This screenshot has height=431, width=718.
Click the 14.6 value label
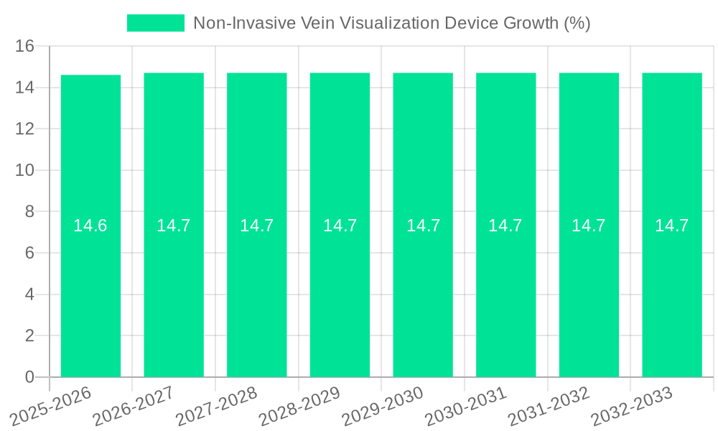[x=90, y=226]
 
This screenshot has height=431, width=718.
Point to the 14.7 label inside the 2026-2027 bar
[x=174, y=226]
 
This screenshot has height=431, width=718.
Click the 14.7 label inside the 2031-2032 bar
[x=589, y=226]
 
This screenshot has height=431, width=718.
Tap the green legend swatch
[x=156, y=23]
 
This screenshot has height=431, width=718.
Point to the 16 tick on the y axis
[x=25, y=47]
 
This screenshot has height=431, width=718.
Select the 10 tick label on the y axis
[x=25, y=170]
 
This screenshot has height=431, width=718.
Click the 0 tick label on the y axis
[x=29, y=377]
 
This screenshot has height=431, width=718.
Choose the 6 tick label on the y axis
[x=29, y=253]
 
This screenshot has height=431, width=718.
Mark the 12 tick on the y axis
[x=25, y=129]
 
